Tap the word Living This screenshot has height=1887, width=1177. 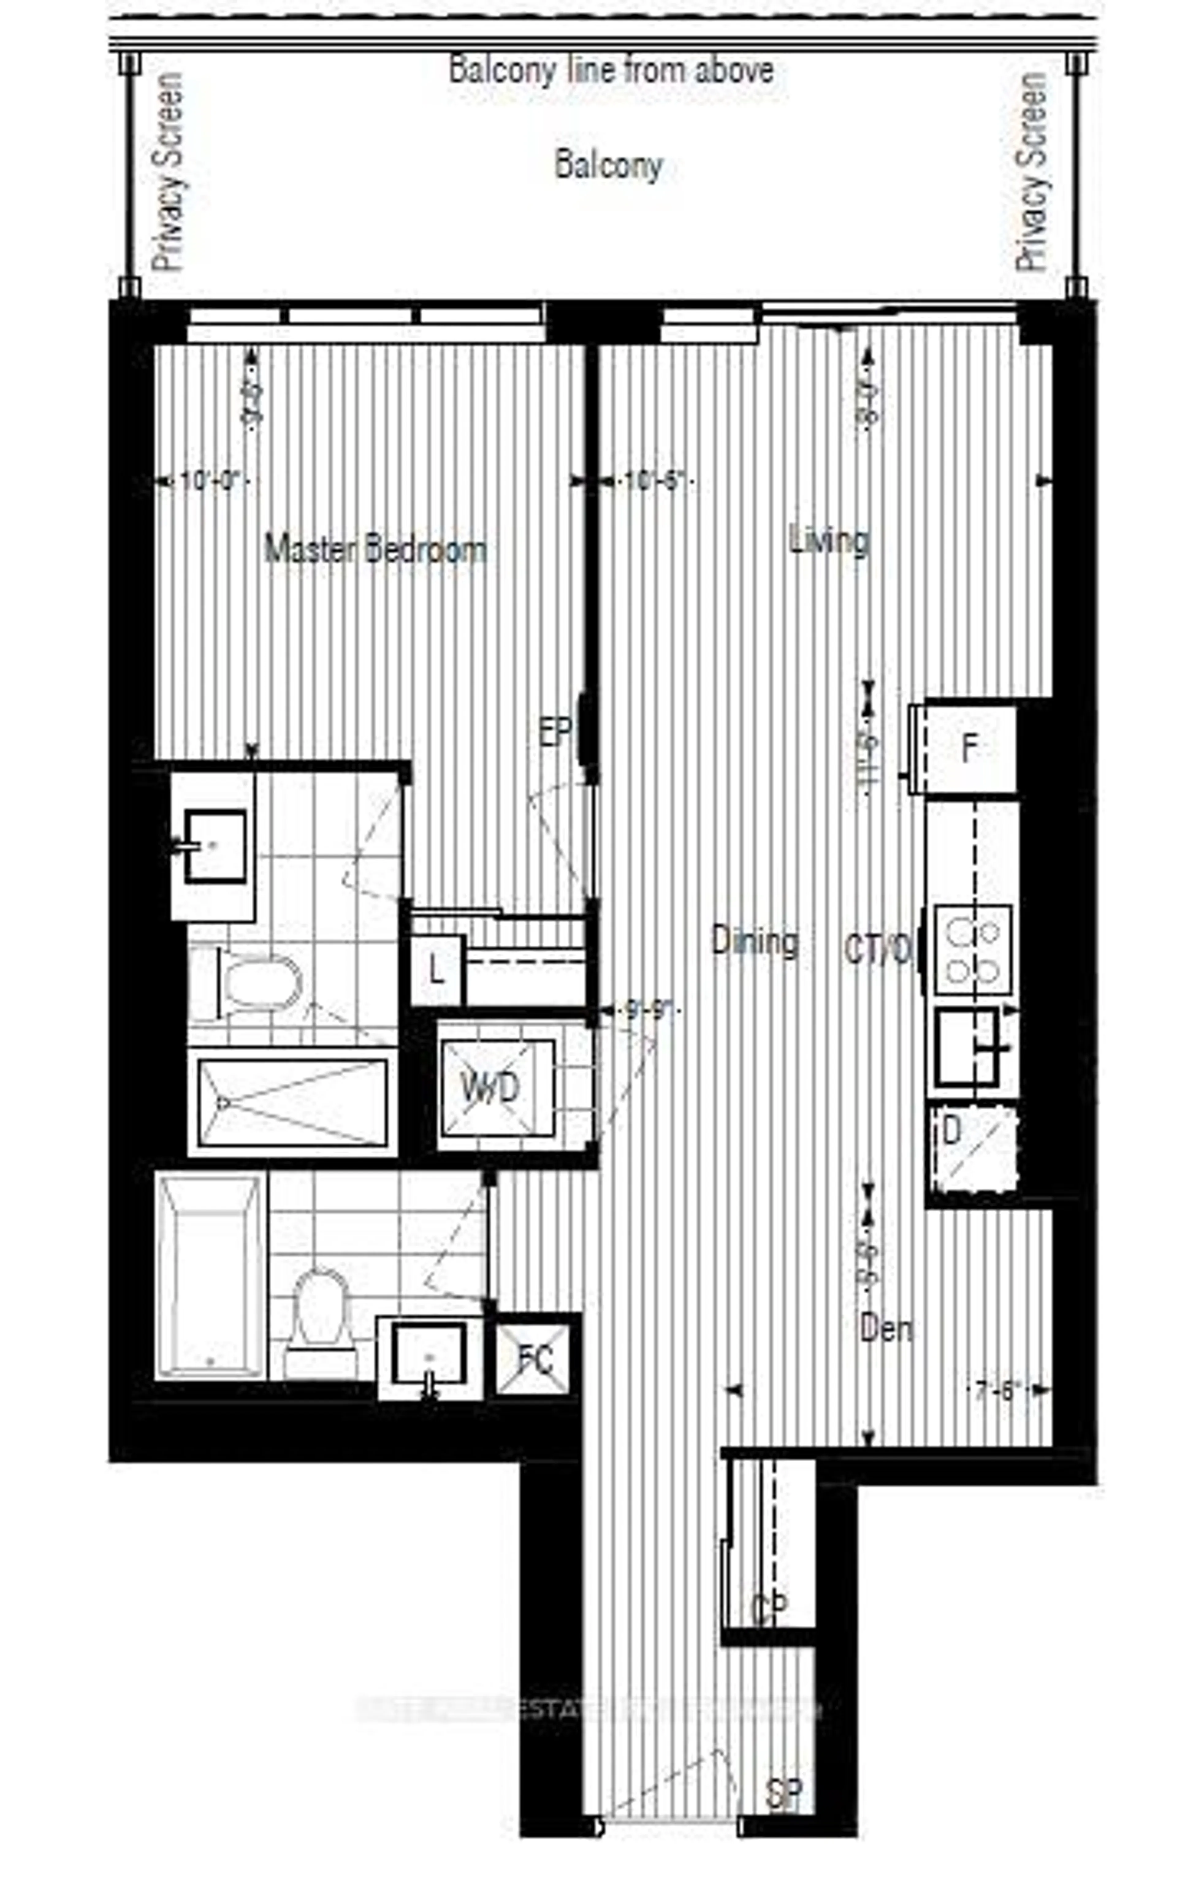coord(829,540)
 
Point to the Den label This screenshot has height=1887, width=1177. coord(887,1328)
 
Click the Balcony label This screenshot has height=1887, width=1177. coord(609,166)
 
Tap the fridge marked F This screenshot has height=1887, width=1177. coord(969,748)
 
